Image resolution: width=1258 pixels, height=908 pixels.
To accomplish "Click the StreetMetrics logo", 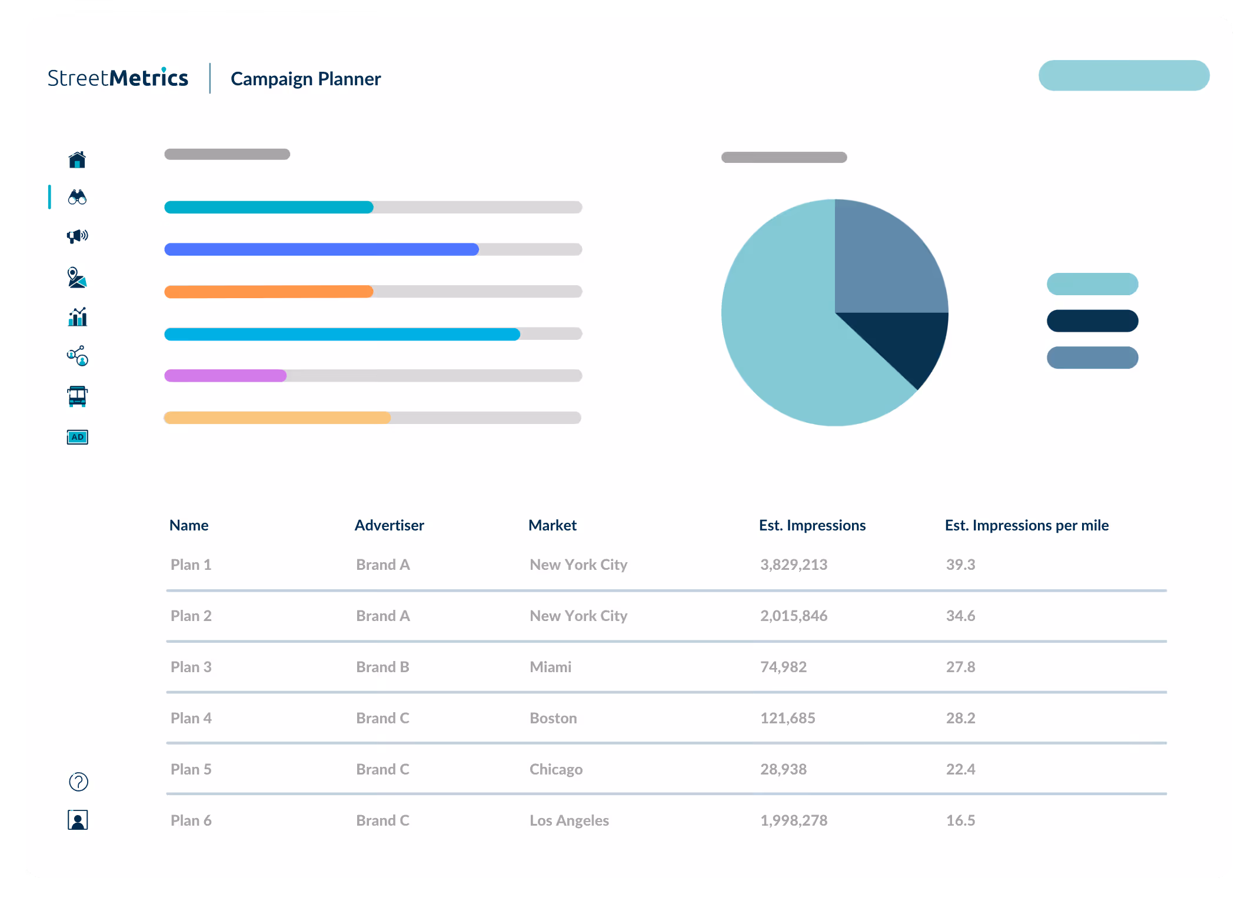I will pos(118,78).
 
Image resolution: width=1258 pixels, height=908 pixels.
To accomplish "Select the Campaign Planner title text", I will pos(305,79).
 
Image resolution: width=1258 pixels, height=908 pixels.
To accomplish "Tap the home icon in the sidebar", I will pos(77,159).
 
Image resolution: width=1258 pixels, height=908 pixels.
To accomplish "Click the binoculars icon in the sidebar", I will pos(77,197).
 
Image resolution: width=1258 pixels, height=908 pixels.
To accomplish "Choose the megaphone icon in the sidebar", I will pos(77,236).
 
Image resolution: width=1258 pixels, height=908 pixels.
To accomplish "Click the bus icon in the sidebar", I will pos(77,396).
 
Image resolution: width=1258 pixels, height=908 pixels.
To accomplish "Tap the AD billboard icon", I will pos(77,437).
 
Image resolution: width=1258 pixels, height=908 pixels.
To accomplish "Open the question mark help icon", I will pos(78,782).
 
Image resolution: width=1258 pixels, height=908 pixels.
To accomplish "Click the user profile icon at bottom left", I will pos(78,820).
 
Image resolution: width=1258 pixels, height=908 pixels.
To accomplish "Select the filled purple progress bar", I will pos(225,376).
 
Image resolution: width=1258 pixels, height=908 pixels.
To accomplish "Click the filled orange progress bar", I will pos(268,292).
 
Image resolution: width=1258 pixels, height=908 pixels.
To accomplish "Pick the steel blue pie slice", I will pos(883,259).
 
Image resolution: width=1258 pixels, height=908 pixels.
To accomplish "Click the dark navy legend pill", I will pos(1092,321).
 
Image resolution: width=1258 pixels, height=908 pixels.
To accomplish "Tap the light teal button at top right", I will pos(1123,75).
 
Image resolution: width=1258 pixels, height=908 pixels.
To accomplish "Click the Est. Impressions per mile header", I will pos(1026,525).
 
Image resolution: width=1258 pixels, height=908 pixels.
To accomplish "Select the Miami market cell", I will pos(550,667).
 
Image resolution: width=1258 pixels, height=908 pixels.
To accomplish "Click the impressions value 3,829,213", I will pos(793,565).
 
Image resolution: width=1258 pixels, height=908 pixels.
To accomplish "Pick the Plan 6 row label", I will pos(191,820).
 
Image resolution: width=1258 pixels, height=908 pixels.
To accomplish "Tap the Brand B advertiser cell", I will pos(382,667).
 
